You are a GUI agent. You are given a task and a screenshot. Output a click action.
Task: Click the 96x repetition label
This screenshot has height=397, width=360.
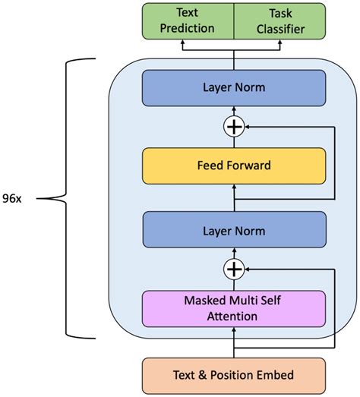12,199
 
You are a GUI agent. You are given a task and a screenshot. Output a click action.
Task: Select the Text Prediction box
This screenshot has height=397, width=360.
188,21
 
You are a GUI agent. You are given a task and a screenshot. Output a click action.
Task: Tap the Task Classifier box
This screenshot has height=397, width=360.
279,21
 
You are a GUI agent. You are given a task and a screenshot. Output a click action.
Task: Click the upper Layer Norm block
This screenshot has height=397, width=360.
234,88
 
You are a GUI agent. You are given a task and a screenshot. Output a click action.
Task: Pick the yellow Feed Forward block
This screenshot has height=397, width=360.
234,165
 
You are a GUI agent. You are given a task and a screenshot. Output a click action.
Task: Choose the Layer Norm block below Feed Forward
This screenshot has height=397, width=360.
235,230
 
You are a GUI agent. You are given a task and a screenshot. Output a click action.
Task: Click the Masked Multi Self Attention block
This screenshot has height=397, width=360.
234,309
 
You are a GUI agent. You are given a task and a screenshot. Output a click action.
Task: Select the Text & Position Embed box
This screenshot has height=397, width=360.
234,376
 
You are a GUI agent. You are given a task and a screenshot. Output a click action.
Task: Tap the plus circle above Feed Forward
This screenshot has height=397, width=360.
234,127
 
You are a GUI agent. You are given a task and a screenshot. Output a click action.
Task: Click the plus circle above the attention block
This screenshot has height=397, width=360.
234,269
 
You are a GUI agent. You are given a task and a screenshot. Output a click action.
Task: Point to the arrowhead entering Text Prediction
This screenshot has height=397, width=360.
182,42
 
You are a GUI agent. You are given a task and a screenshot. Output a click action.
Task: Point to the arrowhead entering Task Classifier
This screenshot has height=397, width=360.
280,42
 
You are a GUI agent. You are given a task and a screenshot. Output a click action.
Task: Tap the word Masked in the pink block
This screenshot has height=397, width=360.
205,301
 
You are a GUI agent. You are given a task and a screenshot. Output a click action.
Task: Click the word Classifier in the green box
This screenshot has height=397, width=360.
280,29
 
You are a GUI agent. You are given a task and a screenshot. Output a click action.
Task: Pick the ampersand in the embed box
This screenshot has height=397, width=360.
203,375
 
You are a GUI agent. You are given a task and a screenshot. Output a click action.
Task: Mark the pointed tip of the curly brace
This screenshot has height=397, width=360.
37,199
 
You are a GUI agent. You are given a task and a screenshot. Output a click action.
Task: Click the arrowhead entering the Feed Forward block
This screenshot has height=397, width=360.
234,187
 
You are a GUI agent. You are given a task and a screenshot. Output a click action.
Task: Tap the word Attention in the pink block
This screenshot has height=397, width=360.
232,317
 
